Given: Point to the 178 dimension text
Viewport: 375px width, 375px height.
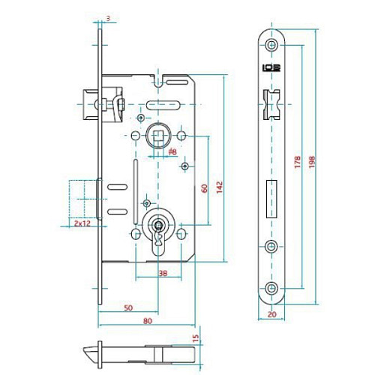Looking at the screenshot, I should (298, 162).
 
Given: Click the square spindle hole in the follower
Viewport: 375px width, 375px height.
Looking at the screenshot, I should (159, 136).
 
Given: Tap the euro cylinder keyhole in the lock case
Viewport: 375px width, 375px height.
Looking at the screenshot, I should (158, 228).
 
